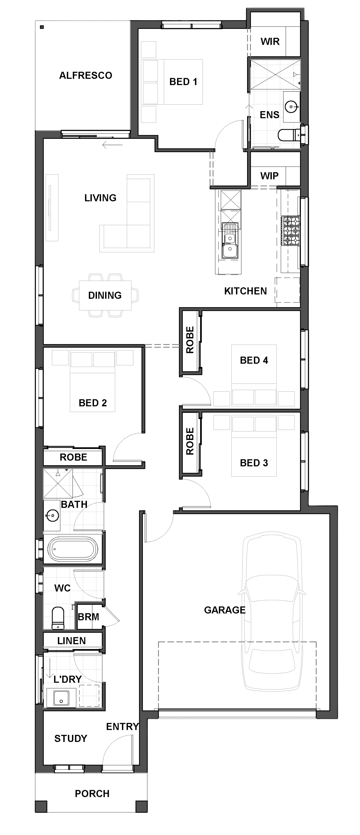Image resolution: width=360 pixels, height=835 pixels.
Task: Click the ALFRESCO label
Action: (86, 75)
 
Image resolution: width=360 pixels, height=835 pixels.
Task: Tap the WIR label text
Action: (270, 42)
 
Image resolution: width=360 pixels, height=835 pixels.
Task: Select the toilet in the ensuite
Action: (289, 135)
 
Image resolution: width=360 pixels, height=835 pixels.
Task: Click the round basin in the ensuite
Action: (291, 106)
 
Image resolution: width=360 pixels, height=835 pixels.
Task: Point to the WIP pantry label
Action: (269, 176)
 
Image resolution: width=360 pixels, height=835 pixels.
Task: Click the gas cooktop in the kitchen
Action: (290, 231)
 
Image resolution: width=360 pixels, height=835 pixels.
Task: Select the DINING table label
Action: (105, 295)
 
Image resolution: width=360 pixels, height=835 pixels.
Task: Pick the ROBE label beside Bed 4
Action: (190, 340)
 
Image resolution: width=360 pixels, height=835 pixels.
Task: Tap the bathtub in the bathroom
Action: (72, 549)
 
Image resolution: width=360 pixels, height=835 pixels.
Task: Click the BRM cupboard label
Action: (89, 617)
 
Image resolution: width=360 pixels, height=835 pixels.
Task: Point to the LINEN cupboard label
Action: (72, 641)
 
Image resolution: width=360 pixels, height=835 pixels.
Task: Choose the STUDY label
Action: (71, 738)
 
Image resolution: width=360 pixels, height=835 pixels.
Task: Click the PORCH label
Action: (92, 793)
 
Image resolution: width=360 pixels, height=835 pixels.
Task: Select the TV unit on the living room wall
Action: (52, 207)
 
